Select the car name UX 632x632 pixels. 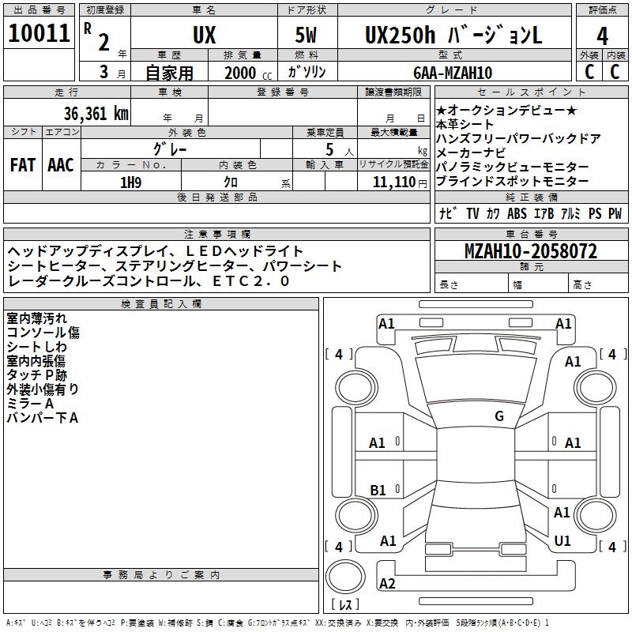pyautogui.click(x=204, y=36)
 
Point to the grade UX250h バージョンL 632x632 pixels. pyautogui.click(x=453, y=36)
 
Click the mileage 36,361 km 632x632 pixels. pyautogui.click(x=96, y=113)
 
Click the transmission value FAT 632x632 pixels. pyautogui.click(x=23, y=165)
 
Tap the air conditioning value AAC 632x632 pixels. pyautogui.click(x=61, y=165)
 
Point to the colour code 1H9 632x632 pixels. pyautogui.click(x=130, y=182)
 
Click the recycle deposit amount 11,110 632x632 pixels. pyautogui.click(x=393, y=182)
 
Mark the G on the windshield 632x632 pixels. pyautogui.click(x=498, y=416)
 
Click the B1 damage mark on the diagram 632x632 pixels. pyautogui.click(x=378, y=491)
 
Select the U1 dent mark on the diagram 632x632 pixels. pyautogui.click(x=562, y=540)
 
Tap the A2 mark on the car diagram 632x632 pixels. pyautogui.click(x=388, y=584)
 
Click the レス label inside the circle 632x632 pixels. pyautogui.click(x=345, y=604)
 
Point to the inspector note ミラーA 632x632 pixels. pyautogui.click(x=30, y=403)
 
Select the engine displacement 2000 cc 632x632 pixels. pyautogui.click(x=245, y=73)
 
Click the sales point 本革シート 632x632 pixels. pyautogui.click(x=465, y=124)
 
